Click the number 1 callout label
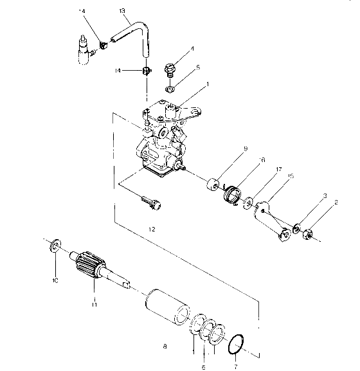(208, 84)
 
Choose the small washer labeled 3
(298, 227)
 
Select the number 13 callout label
(122, 11)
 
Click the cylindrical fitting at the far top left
(83, 51)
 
